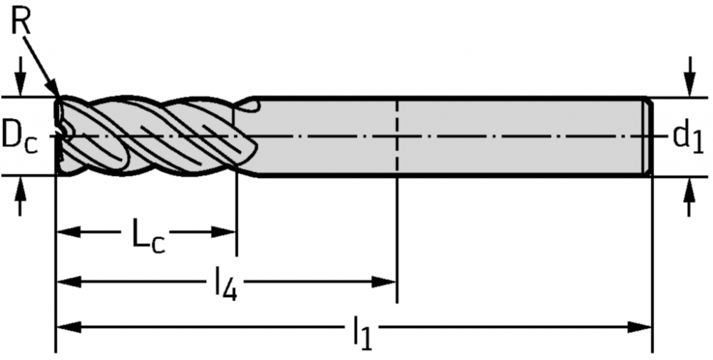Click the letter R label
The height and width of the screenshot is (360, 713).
click(21, 21)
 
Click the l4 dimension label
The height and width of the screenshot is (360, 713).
click(225, 284)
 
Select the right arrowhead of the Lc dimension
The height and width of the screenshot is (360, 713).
click(223, 232)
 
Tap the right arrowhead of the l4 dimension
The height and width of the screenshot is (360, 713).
click(384, 282)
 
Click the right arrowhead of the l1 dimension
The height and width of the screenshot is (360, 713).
click(640, 326)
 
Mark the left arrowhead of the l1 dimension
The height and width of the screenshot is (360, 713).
click(68, 326)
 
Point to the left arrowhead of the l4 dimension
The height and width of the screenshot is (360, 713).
click(68, 282)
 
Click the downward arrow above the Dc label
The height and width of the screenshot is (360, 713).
click(20, 77)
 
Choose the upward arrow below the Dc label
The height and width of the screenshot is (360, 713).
click(20, 195)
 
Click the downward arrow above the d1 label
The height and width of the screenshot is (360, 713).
click(689, 77)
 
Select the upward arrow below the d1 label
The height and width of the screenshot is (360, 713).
click(689, 196)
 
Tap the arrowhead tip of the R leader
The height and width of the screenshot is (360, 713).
click(58, 95)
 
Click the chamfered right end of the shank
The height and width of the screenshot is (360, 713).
click(647, 137)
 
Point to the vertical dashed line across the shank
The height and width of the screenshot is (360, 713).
click(397, 136)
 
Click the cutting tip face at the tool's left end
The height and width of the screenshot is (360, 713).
click(58, 136)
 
